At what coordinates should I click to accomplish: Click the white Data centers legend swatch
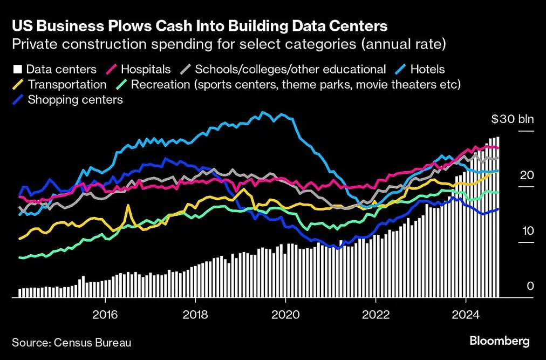17,70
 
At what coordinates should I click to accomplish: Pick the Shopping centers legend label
75,99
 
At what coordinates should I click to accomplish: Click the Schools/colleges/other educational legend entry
290,69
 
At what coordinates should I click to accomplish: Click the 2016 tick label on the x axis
105,314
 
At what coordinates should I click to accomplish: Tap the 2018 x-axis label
195,314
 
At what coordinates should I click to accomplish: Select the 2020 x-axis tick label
285,314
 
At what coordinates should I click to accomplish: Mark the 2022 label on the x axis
375,314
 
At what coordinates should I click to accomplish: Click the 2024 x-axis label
466,314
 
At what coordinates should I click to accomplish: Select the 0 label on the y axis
530,286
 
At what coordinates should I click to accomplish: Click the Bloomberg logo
499,341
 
